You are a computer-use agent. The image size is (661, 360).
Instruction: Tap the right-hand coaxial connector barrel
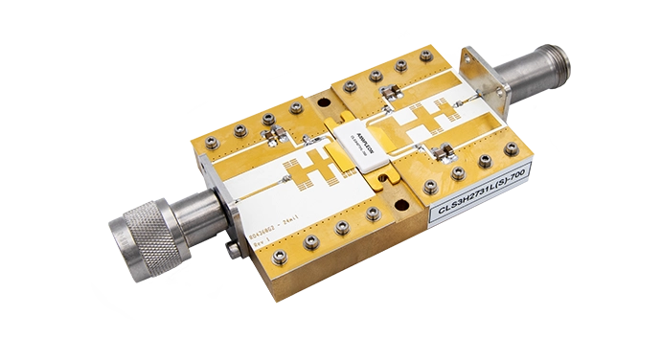[536, 80]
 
